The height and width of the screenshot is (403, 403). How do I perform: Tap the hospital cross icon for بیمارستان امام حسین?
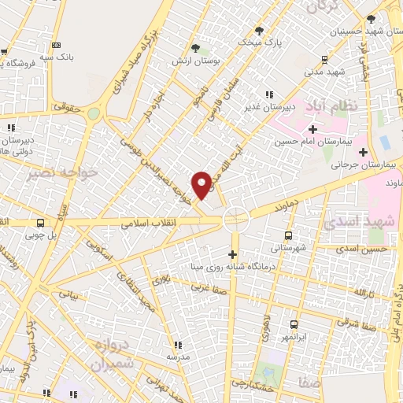(x=312, y=128)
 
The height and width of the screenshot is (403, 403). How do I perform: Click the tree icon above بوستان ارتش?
(x=195, y=48)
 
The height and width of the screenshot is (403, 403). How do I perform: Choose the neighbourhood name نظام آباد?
(x=340, y=105)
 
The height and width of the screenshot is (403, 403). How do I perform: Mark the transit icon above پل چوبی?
(x=40, y=223)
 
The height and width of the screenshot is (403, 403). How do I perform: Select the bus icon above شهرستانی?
(x=287, y=235)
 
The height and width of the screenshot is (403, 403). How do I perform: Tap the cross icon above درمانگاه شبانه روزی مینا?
(x=232, y=253)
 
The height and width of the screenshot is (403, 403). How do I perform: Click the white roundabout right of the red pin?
(x=235, y=219)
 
